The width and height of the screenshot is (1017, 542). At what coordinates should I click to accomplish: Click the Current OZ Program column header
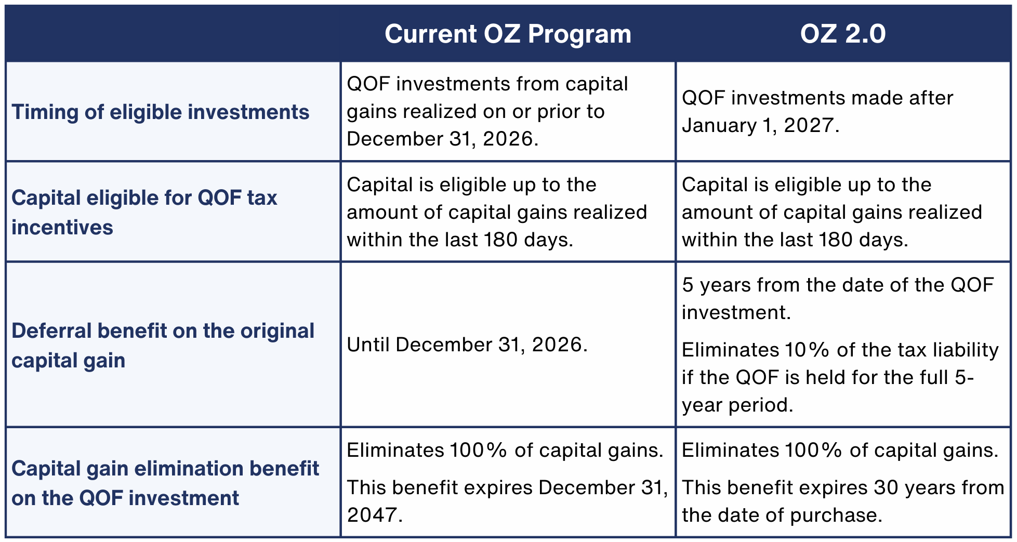[x=508, y=34]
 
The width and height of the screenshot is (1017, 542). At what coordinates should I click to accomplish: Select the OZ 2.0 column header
[x=842, y=34]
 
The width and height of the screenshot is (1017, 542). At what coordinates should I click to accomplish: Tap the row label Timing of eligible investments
[x=161, y=112]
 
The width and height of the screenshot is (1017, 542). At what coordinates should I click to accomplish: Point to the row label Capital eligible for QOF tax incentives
[x=144, y=212]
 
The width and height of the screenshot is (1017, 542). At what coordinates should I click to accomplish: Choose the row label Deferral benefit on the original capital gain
[x=163, y=345]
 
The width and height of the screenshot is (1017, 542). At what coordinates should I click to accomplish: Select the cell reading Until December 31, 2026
[x=467, y=345]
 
